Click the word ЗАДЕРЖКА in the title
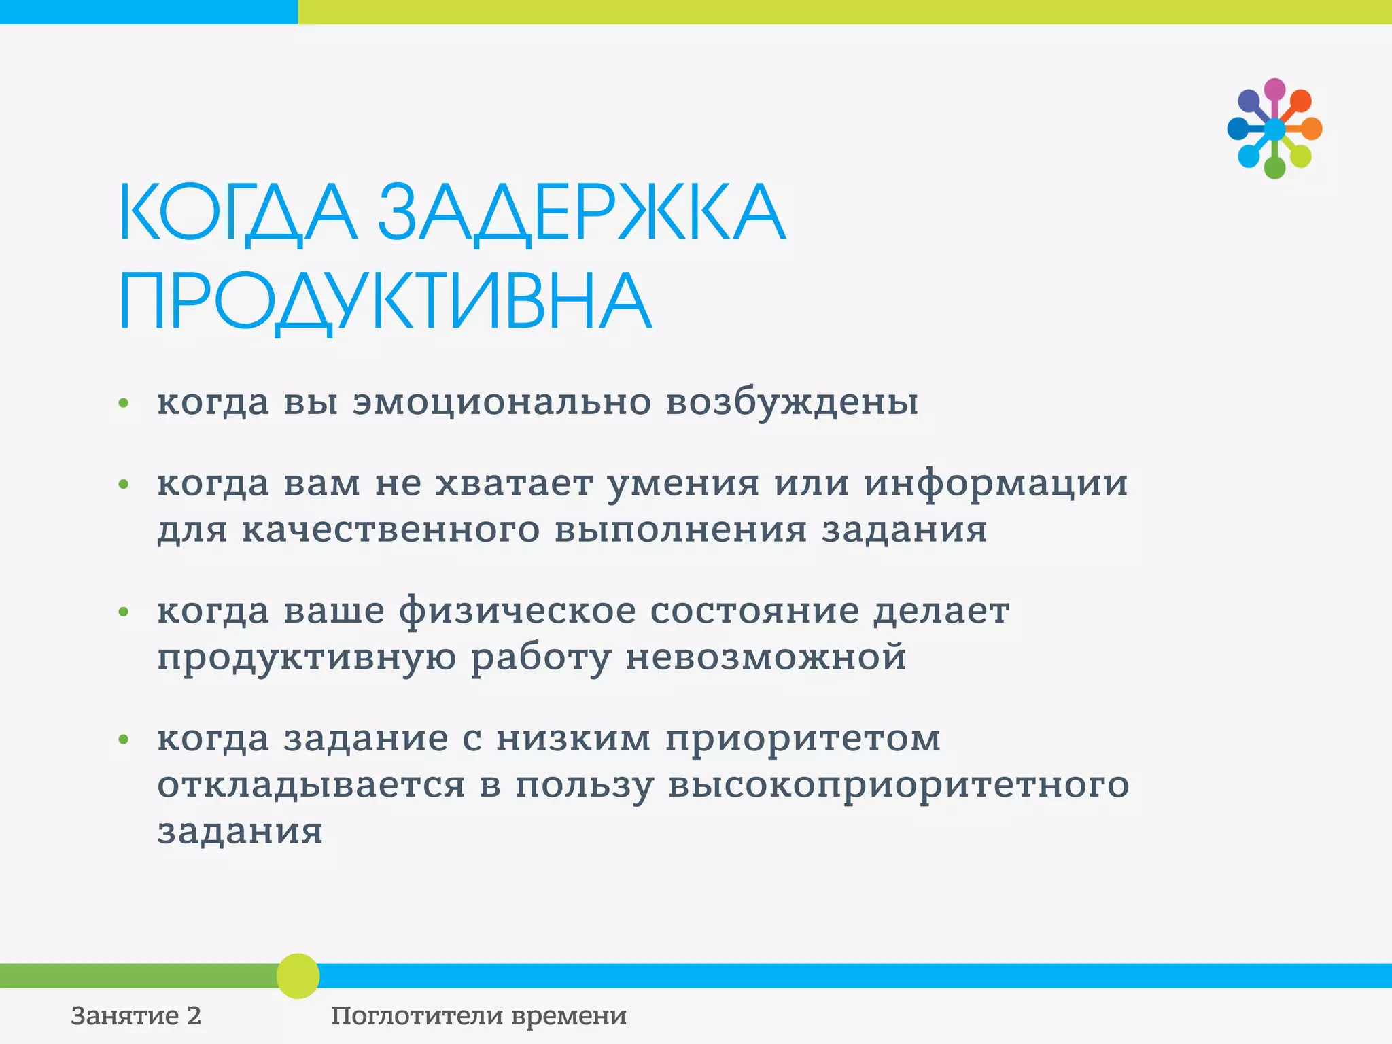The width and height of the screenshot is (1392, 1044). click(581, 212)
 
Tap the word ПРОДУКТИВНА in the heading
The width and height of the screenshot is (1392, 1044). click(385, 301)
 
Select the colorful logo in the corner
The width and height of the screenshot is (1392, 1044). click(1274, 128)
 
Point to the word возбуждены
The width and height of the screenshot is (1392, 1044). click(792, 402)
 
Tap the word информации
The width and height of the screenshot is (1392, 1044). click(996, 484)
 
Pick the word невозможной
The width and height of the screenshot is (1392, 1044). click(766, 657)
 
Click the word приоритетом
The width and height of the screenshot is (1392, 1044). click(803, 738)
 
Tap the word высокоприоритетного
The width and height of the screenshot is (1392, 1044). click(898, 785)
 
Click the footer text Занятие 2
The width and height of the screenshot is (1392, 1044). click(136, 1016)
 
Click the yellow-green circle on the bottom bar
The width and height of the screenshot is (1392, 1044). click(298, 976)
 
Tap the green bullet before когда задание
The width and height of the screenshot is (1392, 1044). click(123, 739)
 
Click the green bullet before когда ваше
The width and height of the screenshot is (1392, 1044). click(123, 612)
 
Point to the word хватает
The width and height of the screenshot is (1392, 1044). click(514, 484)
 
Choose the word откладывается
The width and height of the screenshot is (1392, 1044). click(311, 785)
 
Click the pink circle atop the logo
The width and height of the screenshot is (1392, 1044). click(1274, 88)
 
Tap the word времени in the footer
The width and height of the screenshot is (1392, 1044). click(568, 1016)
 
